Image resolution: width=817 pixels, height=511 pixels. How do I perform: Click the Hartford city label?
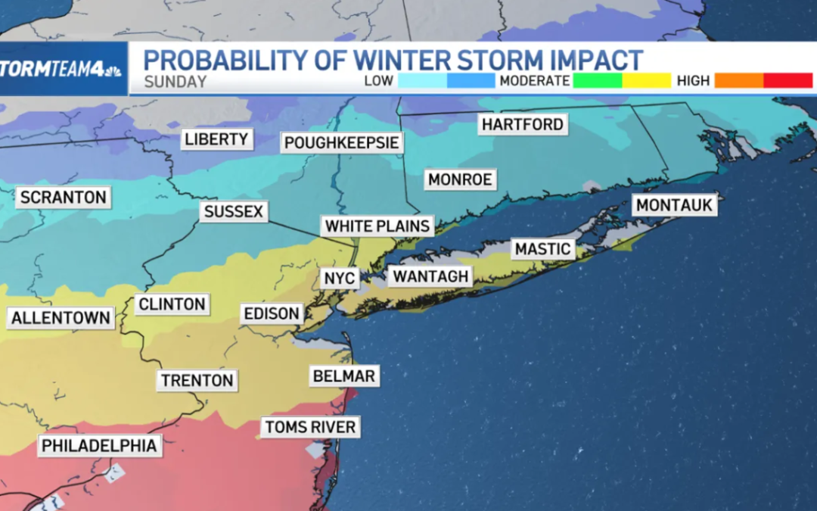pyautogui.click(x=523, y=124)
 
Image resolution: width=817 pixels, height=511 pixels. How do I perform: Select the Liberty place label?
pyautogui.click(x=216, y=139)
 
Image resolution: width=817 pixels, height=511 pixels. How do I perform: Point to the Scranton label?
pyautogui.click(x=63, y=198)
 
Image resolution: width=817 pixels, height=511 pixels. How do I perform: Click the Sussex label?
pyautogui.click(x=234, y=212)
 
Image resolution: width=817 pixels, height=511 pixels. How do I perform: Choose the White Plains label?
pyautogui.click(x=377, y=226)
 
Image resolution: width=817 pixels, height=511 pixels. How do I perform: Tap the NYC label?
pyautogui.click(x=339, y=278)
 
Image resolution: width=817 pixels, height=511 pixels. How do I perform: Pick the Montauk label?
pyautogui.click(x=675, y=204)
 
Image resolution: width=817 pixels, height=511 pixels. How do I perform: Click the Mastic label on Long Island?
pyautogui.click(x=542, y=248)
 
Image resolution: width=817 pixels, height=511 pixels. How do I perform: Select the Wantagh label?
pyautogui.click(x=430, y=276)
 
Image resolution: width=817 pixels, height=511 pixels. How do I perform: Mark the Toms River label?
pyautogui.click(x=310, y=427)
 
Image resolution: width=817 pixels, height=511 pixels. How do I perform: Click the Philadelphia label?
pyautogui.click(x=99, y=446)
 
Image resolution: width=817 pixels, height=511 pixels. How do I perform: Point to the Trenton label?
pyautogui.click(x=197, y=380)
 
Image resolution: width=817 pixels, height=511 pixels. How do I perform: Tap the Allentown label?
pyautogui.click(x=61, y=318)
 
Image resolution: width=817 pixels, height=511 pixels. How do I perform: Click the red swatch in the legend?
pyautogui.click(x=787, y=80)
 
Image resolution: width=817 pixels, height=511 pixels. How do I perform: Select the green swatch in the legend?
pyautogui.click(x=597, y=80)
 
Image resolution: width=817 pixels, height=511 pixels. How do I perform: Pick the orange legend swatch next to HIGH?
pyautogui.click(x=738, y=80)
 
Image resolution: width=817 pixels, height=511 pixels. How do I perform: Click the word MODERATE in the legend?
pyautogui.click(x=533, y=81)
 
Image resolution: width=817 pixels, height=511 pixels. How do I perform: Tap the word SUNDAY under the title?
pyautogui.click(x=175, y=82)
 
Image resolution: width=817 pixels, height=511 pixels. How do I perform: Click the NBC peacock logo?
pyautogui.click(x=113, y=70)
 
